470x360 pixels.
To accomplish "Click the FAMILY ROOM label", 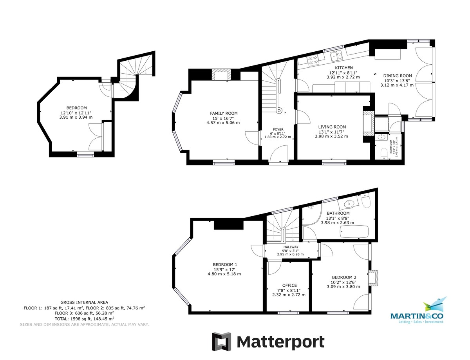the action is pyautogui.click(x=224, y=113).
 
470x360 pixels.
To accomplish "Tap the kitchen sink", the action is pyautogui.click(x=336, y=56).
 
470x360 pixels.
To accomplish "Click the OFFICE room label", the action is pyautogui.click(x=289, y=285).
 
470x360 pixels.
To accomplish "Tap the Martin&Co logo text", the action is pyautogui.click(x=417, y=316).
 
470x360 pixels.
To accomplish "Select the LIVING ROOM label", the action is pyautogui.click(x=332, y=127).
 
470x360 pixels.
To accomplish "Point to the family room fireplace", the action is pyautogui.click(x=221, y=75).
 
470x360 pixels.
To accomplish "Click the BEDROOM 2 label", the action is pyautogui.click(x=344, y=277).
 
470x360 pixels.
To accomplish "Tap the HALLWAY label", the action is pyautogui.click(x=291, y=247).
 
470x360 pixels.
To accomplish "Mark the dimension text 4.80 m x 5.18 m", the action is pyautogui.click(x=224, y=274).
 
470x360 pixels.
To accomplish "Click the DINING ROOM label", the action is pyautogui.click(x=398, y=76).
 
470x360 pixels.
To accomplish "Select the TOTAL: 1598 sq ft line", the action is pyautogui.click(x=84, y=318).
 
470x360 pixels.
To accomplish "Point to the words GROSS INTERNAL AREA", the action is pyautogui.click(x=84, y=302).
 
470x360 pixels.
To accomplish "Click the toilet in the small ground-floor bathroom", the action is pyautogui.click(x=384, y=153).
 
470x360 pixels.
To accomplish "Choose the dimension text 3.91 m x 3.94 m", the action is pyautogui.click(x=76, y=118).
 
